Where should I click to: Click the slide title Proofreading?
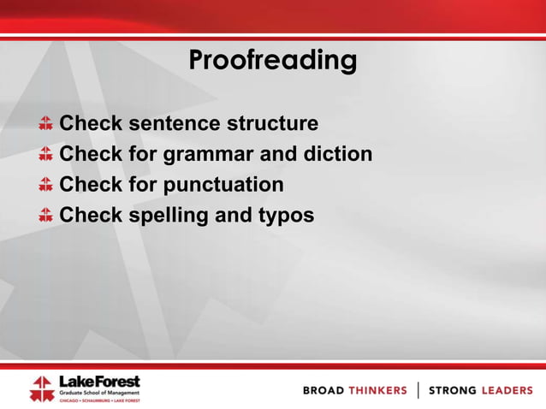click(272, 61)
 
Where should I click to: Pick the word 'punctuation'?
click(223, 185)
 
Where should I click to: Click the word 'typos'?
click(285, 216)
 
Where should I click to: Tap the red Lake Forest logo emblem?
click(41, 388)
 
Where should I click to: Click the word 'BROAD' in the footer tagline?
click(323, 390)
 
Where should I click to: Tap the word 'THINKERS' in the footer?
click(377, 390)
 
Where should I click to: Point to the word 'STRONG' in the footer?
click(453, 390)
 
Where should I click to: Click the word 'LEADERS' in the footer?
click(507, 390)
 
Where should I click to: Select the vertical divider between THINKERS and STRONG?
click(418, 390)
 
